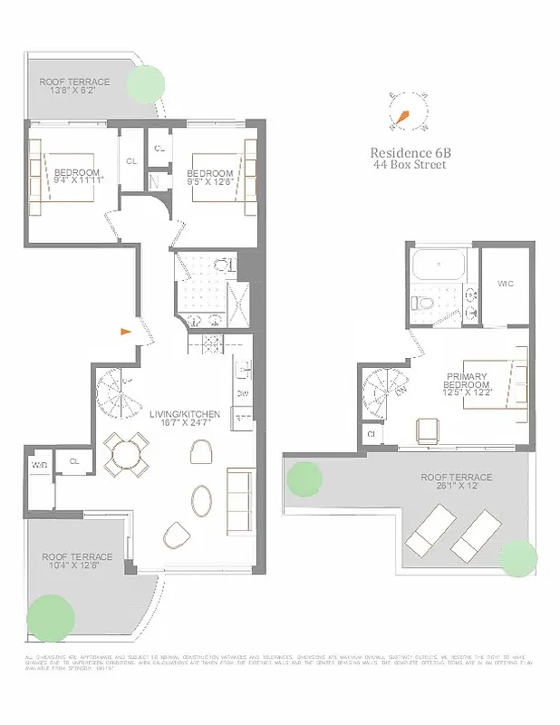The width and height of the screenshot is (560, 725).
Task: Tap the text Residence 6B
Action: click(409, 153)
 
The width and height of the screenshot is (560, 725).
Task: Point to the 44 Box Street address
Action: click(409, 165)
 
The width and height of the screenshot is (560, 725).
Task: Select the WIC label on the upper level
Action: click(506, 284)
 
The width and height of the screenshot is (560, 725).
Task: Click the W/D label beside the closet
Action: click(39, 465)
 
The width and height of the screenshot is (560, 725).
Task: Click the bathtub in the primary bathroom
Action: click(438, 266)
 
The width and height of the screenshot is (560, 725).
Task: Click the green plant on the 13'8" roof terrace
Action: click(144, 84)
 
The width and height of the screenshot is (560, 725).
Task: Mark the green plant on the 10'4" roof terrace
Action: click(51, 618)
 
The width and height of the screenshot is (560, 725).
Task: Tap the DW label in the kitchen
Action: click(242, 393)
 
